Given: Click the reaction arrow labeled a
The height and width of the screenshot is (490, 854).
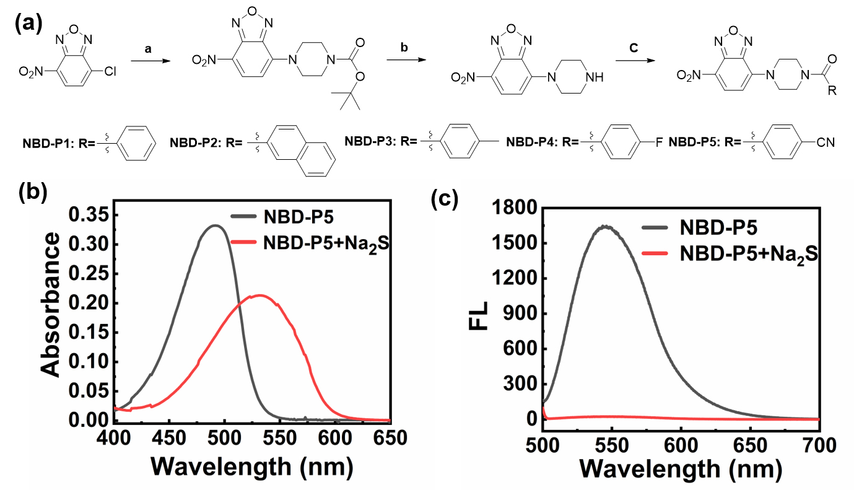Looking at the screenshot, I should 148,61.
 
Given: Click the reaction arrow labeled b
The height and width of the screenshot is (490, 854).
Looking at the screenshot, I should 404,61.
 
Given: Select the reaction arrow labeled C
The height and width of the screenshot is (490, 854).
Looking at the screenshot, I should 633,61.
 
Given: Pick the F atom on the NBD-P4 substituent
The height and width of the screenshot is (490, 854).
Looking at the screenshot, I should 658,142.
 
